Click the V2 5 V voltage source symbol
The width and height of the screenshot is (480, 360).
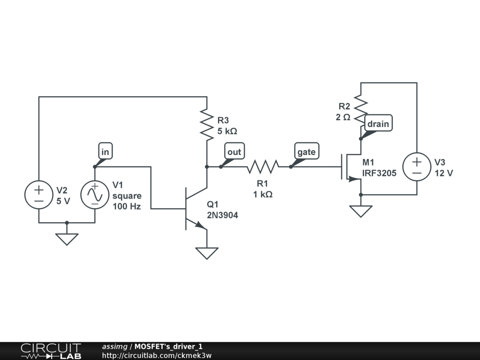point(39,195)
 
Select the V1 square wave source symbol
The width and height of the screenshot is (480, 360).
point(95,195)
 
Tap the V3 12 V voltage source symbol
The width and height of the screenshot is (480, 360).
point(417,167)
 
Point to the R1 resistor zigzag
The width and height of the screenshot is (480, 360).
point(263,167)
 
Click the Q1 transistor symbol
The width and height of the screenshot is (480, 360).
point(196,209)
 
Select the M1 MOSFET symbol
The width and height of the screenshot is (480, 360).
point(352,167)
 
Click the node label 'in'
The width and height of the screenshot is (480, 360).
point(105,151)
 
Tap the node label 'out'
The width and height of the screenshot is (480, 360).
point(234,151)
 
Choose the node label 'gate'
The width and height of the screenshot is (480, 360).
point(307,151)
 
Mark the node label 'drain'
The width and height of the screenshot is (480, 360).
point(378,123)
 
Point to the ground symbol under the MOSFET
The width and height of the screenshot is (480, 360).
point(361,211)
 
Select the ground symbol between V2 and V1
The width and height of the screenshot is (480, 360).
point(67,240)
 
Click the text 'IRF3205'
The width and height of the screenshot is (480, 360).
point(379,173)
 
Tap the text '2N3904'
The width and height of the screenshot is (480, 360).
point(223,215)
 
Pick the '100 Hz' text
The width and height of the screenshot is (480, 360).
point(127,207)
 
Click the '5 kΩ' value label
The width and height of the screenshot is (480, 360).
point(227,131)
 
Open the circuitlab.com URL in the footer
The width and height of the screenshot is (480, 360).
point(157,355)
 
